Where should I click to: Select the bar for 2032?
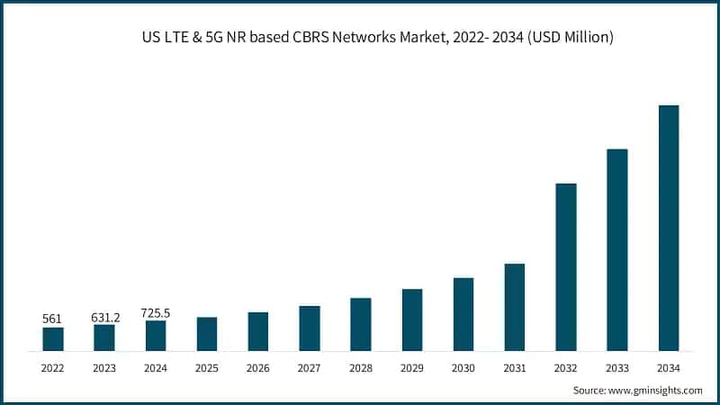pyautogui.click(x=565, y=266)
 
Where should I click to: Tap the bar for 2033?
pyautogui.click(x=616, y=249)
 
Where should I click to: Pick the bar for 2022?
pyautogui.click(x=53, y=338)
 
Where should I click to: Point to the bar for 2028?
pyautogui.click(x=361, y=324)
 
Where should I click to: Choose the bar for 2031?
pyautogui.click(x=514, y=307)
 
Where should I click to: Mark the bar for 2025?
pyautogui.click(x=207, y=333)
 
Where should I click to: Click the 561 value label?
pyautogui.click(x=53, y=319)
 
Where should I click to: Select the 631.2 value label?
pyautogui.click(x=104, y=316)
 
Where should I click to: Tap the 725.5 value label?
pyautogui.click(x=156, y=312)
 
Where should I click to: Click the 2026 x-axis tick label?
pyautogui.click(x=258, y=368)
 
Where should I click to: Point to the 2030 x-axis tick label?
pyautogui.click(x=463, y=368)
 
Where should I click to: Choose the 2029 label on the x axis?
pyautogui.click(x=411, y=368)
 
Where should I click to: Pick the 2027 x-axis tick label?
pyautogui.click(x=310, y=368)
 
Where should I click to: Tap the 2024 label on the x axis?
pyautogui.click(x=156, y=368)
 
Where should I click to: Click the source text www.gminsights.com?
pyautogui.click(x=657, y=390)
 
